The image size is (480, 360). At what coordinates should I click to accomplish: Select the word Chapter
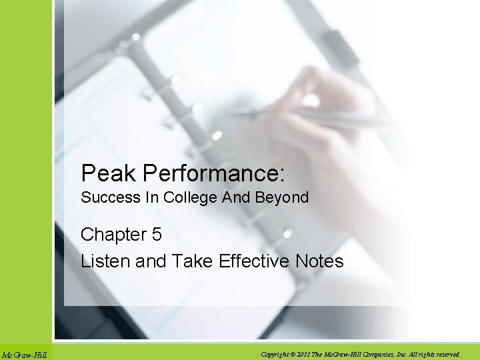[113, 235]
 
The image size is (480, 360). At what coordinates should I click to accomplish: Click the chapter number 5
[156, 235]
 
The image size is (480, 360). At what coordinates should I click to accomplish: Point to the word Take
[190, 261]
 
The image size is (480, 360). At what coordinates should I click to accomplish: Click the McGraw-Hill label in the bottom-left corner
[24, 355]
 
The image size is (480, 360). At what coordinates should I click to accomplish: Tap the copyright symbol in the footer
[293, 354]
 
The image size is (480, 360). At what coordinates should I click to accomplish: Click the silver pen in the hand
[320, 118]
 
